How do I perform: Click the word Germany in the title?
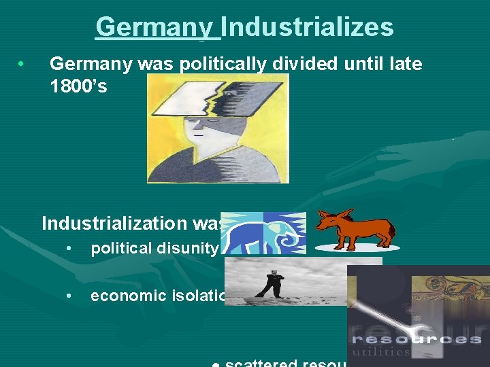(x=154, y=27)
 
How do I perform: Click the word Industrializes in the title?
(x=307, y=27)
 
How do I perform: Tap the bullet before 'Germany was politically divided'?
(x=22, y=65)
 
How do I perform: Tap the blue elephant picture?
(x=264, y=232)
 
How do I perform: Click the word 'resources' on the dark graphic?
(x=416, y=338)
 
